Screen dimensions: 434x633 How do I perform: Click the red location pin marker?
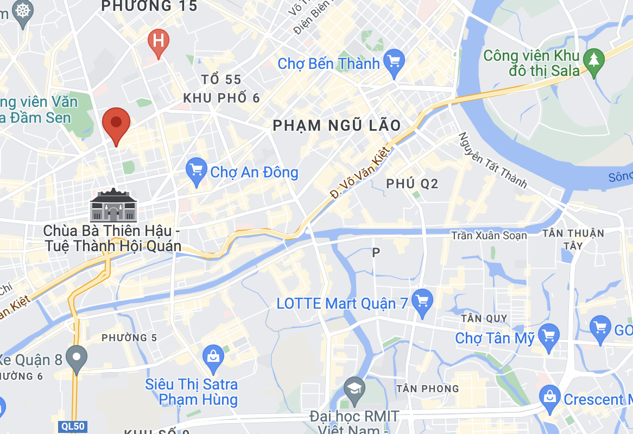click(x=116, y=123)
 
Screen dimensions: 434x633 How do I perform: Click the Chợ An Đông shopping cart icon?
click(x=196, y=171)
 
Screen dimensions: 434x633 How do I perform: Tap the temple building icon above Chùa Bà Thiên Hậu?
click(x=113, y=205)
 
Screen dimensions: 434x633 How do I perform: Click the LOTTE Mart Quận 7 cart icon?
click(x=422, y=300)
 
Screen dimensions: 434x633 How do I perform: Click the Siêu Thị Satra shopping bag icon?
click(x=213, y=357)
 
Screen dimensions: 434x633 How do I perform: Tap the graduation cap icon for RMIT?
click(x=355, y=390)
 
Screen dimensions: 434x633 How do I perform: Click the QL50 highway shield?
click(x=72, y=426)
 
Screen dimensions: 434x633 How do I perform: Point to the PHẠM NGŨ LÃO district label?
click(x=337, y=126)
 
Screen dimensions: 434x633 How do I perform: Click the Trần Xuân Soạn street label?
click(x=489, y=235)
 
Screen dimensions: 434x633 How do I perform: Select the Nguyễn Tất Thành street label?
click(x=492, y=161)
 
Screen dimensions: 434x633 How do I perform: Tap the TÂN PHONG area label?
click(x=428, y=388)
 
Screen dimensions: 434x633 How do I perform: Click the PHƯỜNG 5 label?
click(x=129, y=338)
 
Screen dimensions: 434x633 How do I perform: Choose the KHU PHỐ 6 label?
click(x=221, y=98)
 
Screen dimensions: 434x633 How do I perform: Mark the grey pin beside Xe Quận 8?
click(x=77, y=358)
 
